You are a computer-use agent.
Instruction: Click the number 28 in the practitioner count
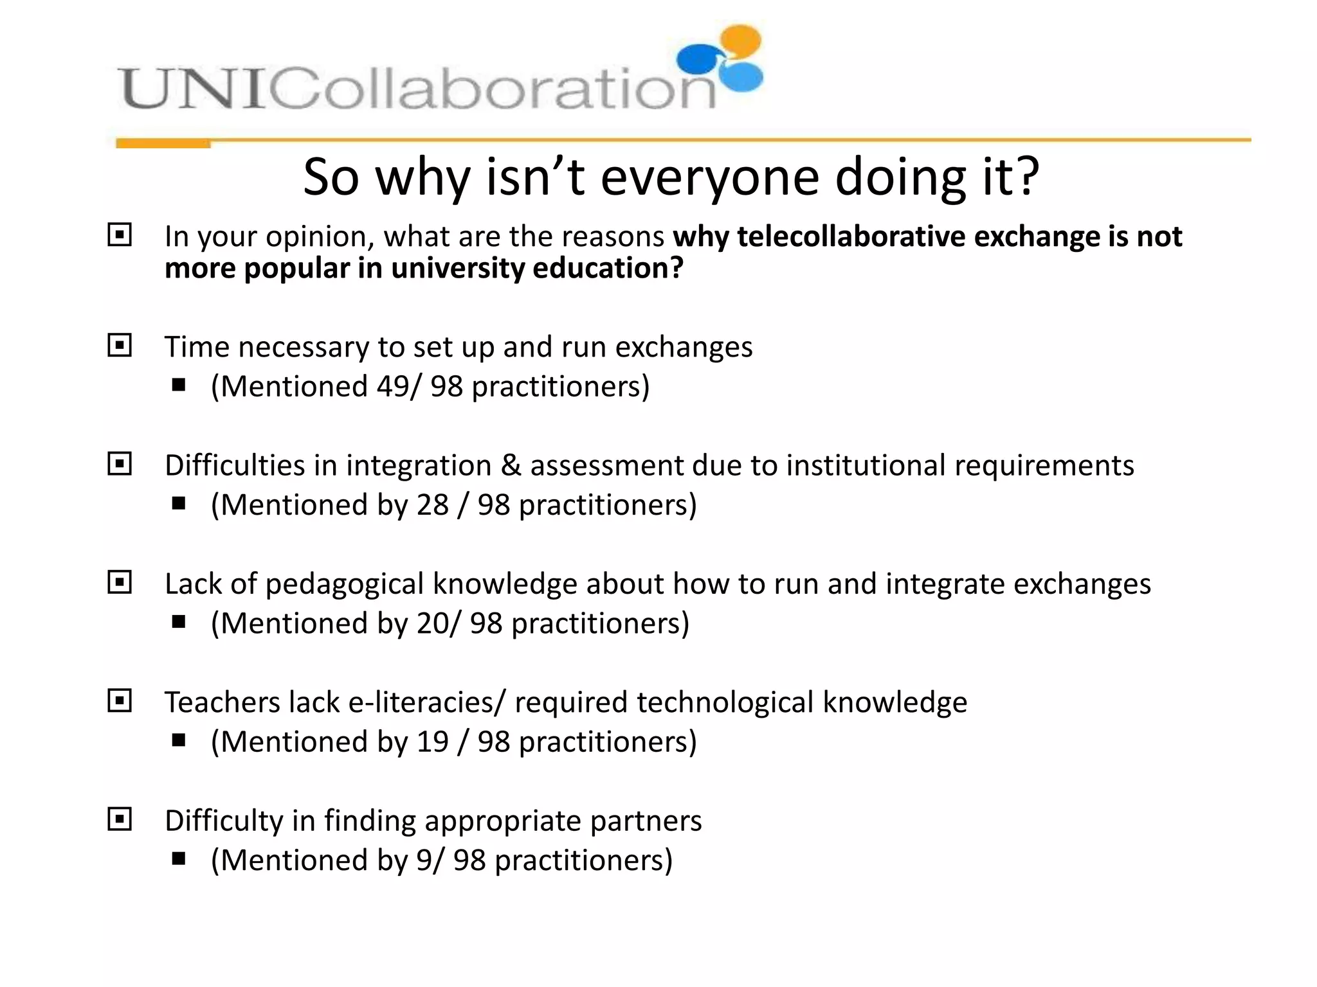click(432, 505)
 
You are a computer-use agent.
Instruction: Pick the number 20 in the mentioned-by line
click(433, 623)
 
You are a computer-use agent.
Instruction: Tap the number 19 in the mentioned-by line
click(432, 742)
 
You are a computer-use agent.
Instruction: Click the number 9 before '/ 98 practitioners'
click(424, 860)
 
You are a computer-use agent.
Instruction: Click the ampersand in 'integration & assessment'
click(511, 465)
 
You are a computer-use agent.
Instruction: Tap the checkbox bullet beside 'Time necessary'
click(120, 346)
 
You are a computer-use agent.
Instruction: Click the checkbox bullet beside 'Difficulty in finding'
click(120, 819)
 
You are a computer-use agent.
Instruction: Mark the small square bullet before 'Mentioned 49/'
click(179, 386)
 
